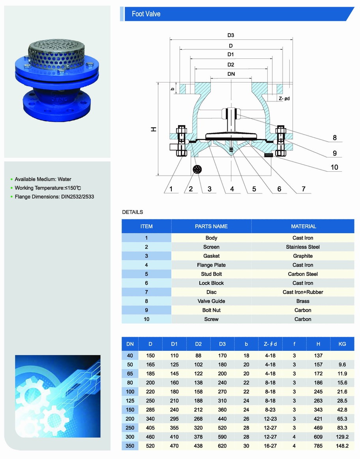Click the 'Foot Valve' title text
point(146,14)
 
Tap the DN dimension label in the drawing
point(231,74)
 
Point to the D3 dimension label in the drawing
point(231,36)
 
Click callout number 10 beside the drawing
point(334,167)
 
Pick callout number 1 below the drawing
point(171,189)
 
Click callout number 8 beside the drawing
point(335,138)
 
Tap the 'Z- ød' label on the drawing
point(284,99)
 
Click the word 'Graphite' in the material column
point(303,256)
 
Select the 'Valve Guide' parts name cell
point(211,301)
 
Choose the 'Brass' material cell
point(303,301)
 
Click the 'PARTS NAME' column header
point(211,227)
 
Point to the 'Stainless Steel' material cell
point(303,247)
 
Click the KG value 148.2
point(342,446)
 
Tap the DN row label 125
point(130,401)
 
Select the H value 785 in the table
point(318,446)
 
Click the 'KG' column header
point(342,344)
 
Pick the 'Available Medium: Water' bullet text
point(43,179)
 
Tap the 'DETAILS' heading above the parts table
point(133,212)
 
